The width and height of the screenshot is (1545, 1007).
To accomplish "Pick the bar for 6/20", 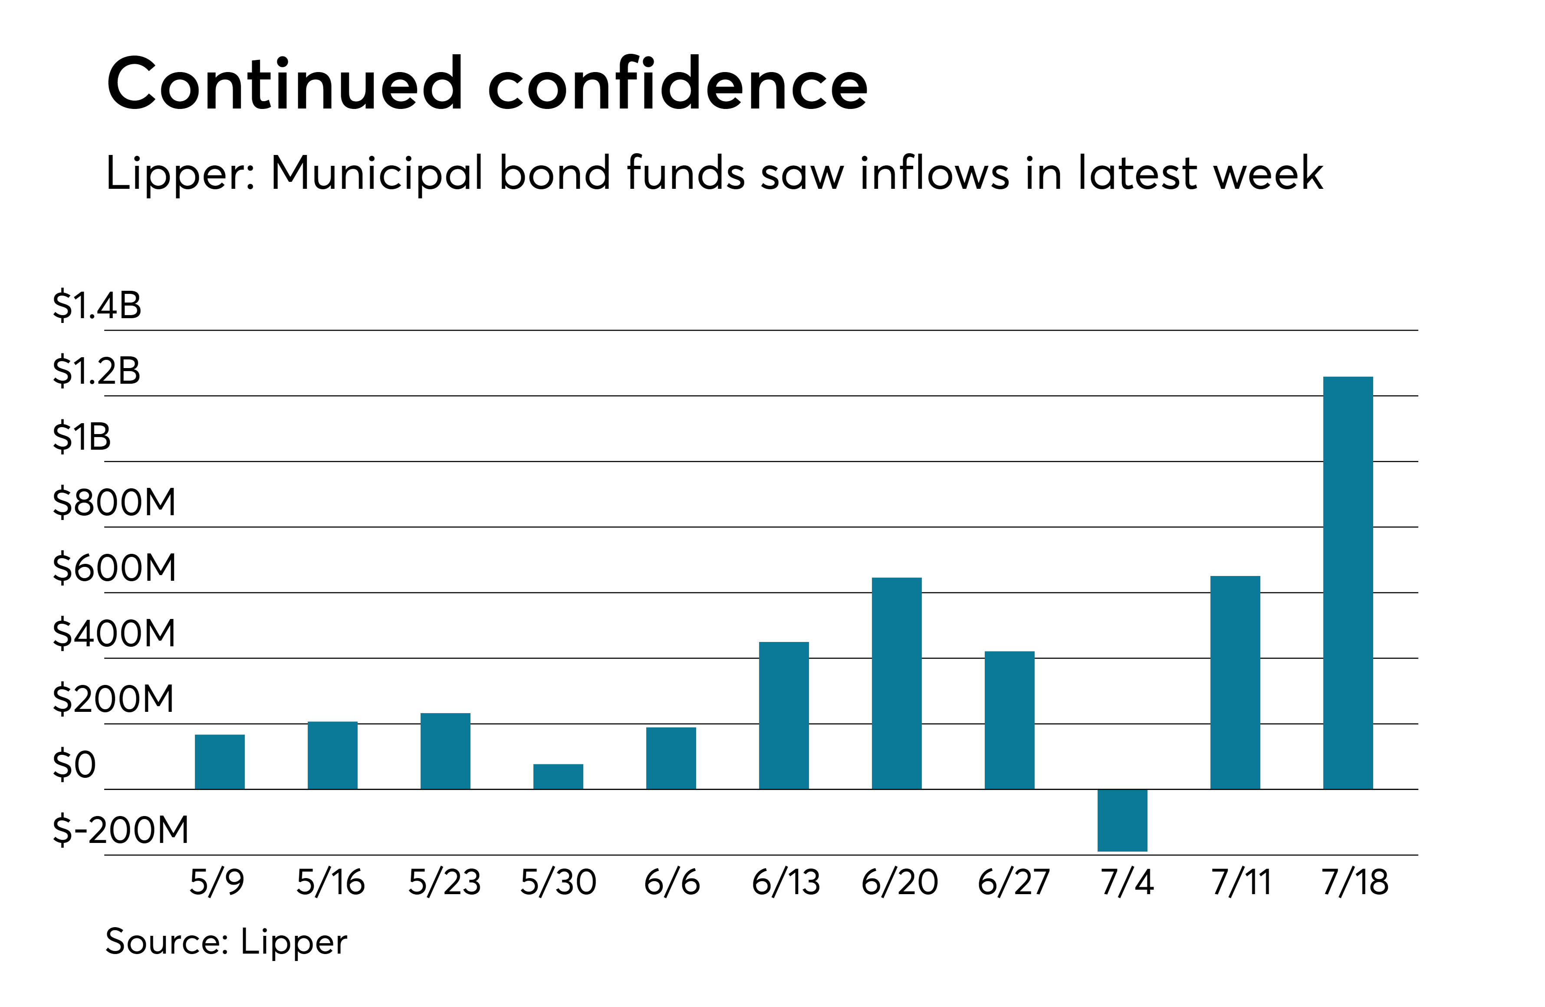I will point(897,683).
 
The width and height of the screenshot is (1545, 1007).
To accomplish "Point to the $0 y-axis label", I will point(74,764).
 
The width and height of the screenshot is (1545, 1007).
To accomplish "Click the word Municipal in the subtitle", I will point(377,174).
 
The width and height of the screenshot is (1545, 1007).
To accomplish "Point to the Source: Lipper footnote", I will point(226,942).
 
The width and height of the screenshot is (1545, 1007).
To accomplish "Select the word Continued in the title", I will point(284,84).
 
